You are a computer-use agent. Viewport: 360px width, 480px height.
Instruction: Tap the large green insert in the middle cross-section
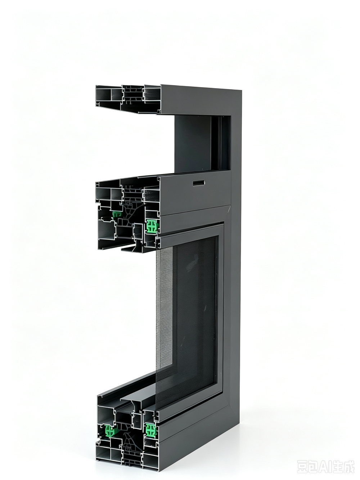tap(152, 226)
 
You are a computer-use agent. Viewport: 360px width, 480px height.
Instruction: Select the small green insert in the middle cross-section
tap(117, 214)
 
